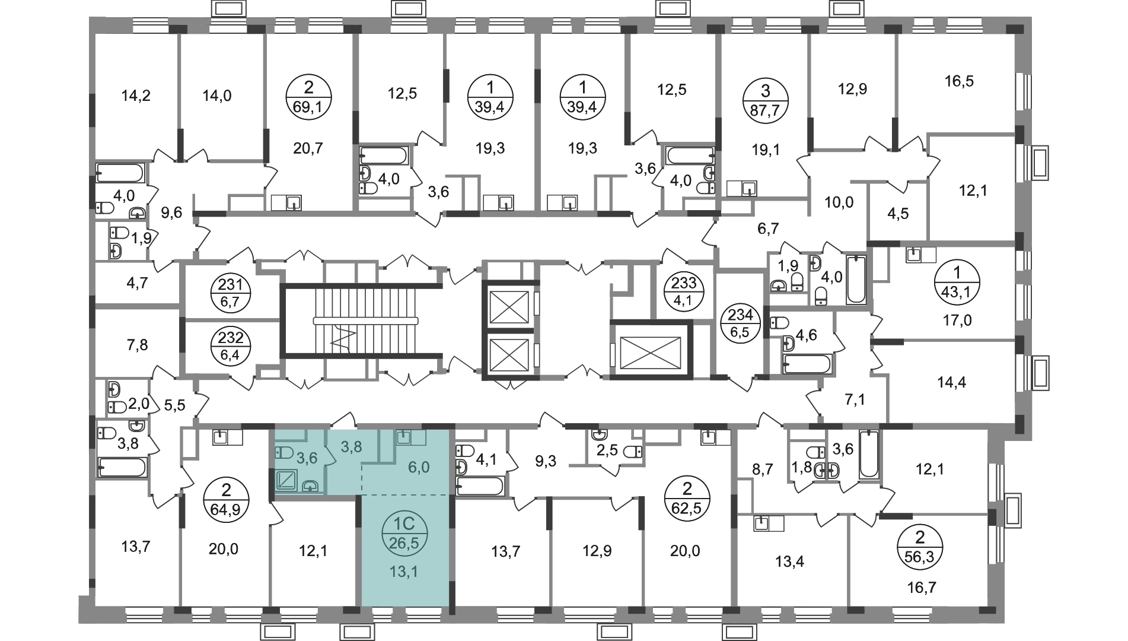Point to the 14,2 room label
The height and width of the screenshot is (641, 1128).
pyautogui.click(x=136, y=96)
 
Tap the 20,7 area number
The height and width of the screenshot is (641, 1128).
pyautogui.click(x=308, y=148)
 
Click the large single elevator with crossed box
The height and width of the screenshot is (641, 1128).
pyautogui.click(x=651, y=350)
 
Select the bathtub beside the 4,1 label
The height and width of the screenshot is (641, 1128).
pyautogui.click(x=480, y=486)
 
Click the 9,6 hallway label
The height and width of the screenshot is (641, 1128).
pyautogui.click(x=172, y=212)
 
